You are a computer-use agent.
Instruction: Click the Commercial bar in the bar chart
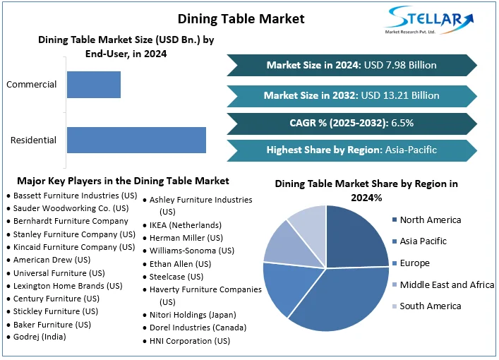point(94,85)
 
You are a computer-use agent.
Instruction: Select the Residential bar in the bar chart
point(136,140)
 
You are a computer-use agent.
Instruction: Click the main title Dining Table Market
point(241,18)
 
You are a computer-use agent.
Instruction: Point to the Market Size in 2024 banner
point(351,65)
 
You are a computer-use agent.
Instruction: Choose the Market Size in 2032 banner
point(351,95)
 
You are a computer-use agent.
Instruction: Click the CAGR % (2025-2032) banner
point(351,123)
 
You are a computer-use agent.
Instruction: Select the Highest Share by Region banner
point(351,150)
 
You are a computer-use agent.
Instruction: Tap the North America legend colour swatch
point(395,220)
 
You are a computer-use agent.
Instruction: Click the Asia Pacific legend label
point(423,241)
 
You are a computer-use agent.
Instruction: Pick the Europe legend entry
point(415,263)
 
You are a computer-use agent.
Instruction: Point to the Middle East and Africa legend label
point(447,284)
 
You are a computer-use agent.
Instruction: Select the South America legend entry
point(430,306)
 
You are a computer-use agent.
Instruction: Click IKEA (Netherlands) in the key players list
point(185,225)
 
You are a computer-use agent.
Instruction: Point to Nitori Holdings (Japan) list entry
point(193,315)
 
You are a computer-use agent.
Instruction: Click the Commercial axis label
point(31,85)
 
